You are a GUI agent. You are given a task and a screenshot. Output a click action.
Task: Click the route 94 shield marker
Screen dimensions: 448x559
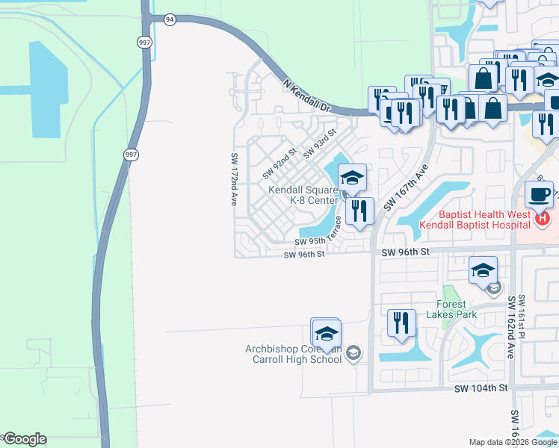pyautogui.click(x=170, y=19)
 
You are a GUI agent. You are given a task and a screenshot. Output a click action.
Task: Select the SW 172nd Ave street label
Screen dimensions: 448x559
pyautogui.click(x=234, y=179)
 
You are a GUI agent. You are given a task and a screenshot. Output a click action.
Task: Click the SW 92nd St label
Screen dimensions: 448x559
pyautogui.click(x=279, y=163)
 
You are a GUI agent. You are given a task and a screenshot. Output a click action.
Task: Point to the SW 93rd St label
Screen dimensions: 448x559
pyautogui.click(x=320, y=142)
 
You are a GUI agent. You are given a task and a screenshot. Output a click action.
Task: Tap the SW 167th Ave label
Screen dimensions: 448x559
pyautogui.click(x=404, y=187)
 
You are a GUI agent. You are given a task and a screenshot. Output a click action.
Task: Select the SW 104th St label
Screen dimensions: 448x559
pyautogui.click(x=481, y=388)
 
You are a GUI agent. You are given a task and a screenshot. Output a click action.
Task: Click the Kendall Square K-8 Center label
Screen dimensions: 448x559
pyautogui.click(x=303, y=195)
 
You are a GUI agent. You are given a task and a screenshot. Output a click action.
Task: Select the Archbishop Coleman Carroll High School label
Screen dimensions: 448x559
pyautogui.click(x=293, y=354)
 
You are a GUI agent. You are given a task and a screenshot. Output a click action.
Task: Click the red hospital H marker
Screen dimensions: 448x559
pyautogui.click(x=543, y=219)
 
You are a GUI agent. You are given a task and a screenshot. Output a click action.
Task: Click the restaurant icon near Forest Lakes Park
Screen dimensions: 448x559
pyautogui.click(x=401, y=323)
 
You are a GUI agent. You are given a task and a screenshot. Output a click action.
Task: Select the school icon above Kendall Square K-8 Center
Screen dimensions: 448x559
pyautogui.click(x=352, y=178)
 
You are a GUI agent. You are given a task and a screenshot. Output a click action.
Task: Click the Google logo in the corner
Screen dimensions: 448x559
pyautogui.click(x=24, y=439)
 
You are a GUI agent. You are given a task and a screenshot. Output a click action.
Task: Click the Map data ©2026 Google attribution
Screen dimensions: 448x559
pyautogui.click(x=513, y=442)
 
